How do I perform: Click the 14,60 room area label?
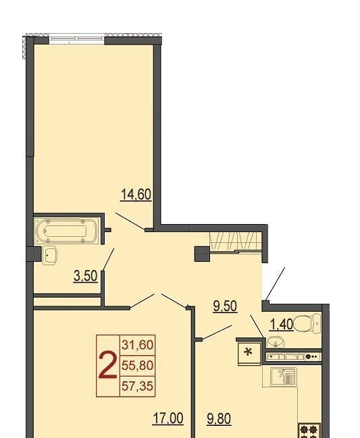(x=136, y=194)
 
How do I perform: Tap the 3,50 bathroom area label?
(x=86, y=276)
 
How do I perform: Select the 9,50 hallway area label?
(x=225, y=306)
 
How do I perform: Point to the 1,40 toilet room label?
(x=281, y=325)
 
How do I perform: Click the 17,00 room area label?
(x=168, y=418)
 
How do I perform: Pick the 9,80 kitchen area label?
(x=219, y=419)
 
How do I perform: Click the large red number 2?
(x=108, y=365)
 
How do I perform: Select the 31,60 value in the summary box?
(x=138, y=345)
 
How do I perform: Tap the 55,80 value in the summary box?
(x=138, y=365)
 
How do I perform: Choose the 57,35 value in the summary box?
(x=138, y=386)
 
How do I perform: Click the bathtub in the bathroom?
(x=66, y=231)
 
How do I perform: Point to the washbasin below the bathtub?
(x=50, y=255)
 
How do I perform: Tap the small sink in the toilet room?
(x=276, y=342)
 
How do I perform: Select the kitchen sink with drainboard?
(x=283, y=377)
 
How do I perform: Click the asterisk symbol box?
(x=249, y=354)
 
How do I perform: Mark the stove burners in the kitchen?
(x=308, y=431)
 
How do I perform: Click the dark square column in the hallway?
(x=202, y=254)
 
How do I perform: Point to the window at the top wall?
(x=77, y=39)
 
